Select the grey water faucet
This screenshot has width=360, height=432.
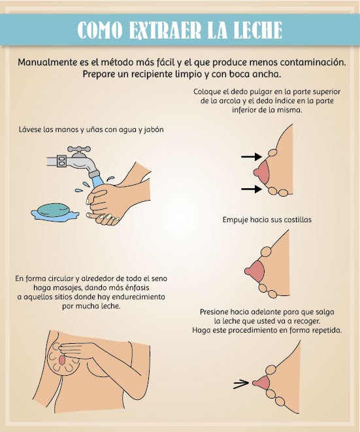pos(78,157)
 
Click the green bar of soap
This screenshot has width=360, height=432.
pos(53,209)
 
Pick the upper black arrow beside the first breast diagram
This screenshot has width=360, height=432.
pos(250,157)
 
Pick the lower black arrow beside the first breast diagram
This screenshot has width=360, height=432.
pos(250,189)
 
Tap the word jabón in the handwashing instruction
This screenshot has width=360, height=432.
pos(151,129)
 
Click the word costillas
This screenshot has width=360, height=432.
pos(295,220)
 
